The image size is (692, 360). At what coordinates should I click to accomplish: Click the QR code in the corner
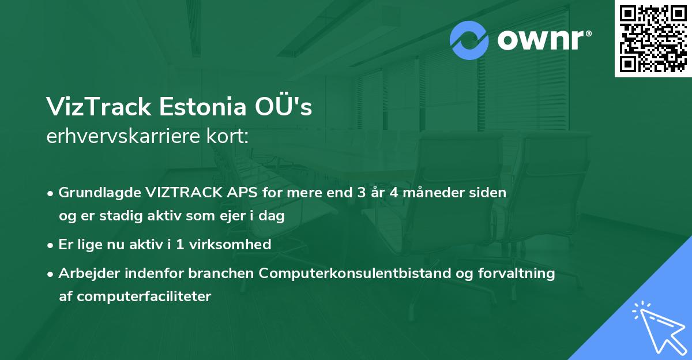tap(653, 39)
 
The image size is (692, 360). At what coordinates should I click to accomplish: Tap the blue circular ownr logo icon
tap(469, 40)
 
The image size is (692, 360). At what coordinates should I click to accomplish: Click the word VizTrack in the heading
tap(99, 107)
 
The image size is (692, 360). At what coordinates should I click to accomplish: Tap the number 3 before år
tap(362, 193)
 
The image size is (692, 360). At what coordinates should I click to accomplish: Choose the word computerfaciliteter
tap(136, 297)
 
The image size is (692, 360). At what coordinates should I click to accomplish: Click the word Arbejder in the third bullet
tap(84, 273)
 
